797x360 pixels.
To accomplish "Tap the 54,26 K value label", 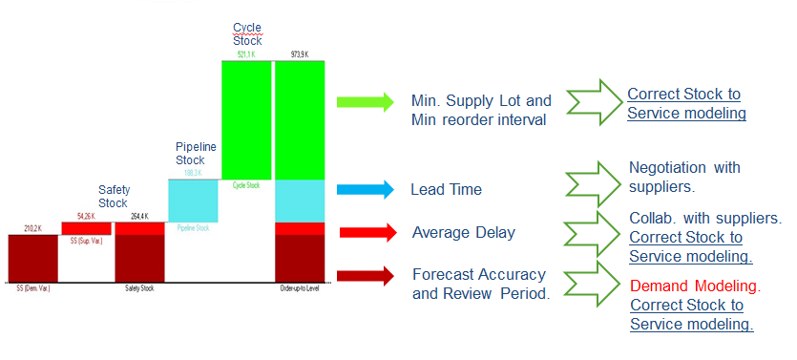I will click(x=86, y=217).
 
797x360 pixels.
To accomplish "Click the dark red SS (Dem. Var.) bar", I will click(x=32, y=258).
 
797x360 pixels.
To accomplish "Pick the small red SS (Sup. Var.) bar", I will click(x=86, y=228).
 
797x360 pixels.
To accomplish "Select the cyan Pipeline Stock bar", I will click(x=194, y=201).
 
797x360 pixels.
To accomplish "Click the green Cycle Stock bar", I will click(x=246, y=119).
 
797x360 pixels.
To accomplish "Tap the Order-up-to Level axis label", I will click(x=299, y=286).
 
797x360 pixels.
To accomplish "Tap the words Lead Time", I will click(x=446, y=190).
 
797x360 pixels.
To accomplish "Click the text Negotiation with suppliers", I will click(x=684, y=178).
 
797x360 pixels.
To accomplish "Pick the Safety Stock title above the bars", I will click(x=113, y=196).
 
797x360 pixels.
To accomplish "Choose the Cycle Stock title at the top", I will click(x=246, y=32).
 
